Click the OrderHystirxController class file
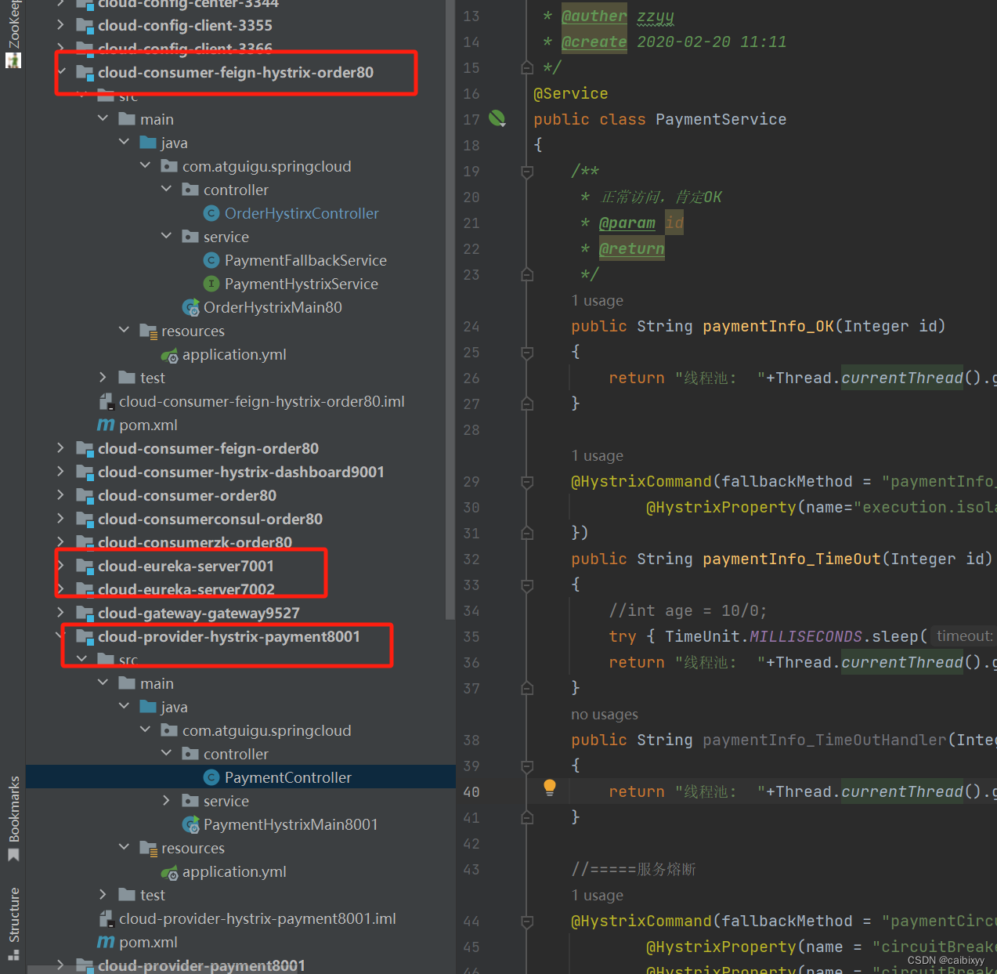(x=301, y=213)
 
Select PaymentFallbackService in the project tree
(x=305, y=260)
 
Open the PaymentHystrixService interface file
(x=301, y=284)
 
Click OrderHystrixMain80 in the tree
(x=272, y=307)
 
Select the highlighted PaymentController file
(x=287, y=777)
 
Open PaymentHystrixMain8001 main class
(x=290, y=824)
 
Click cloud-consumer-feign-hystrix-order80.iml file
(x=261, y=401)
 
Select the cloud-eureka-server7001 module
(x=186, y=566)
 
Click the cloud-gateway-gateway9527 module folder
(x=198, y=613)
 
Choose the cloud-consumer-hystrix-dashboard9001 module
(x=240, y=472)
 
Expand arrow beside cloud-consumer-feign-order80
(x=60, y=448)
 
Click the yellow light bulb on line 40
(x=550, y=788)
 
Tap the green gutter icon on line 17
(x=497, y=118)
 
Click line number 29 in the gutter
(x=471, y=482)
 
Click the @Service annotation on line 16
(x=570, y=93)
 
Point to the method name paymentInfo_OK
(x=768, y=326)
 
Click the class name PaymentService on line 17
(x=721, y=119)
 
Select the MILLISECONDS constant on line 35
(x=806, y=636)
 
